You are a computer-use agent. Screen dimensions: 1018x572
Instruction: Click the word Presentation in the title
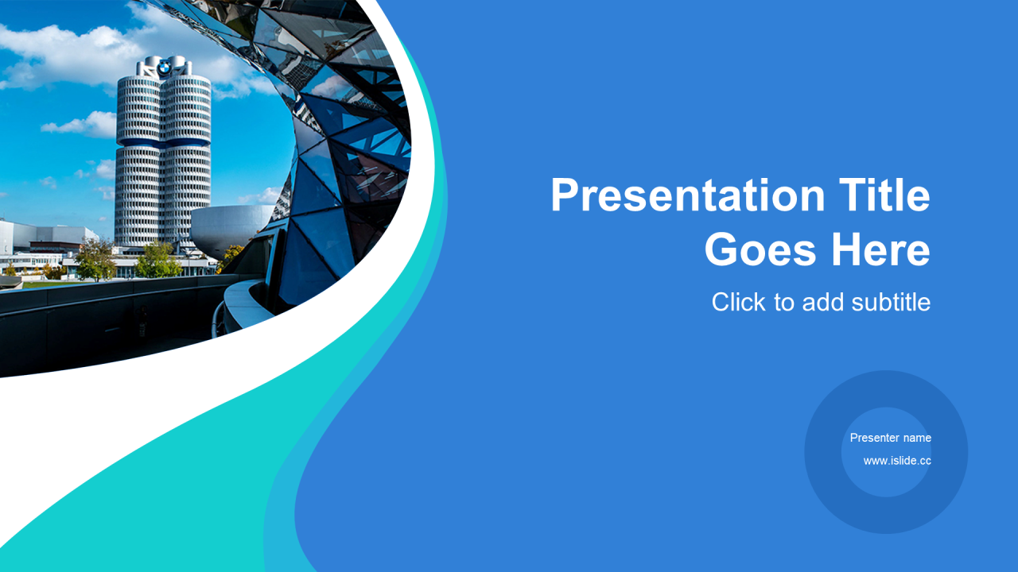click(x=688, y=195)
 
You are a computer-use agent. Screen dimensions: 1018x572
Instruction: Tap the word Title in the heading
click(x=884, y=195)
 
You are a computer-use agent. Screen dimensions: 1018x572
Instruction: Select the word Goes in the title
click(x=761, y=249)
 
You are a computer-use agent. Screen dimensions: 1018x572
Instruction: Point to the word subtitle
click(x=891, y=302)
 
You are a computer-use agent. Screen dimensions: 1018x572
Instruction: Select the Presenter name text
click(x=891, y=438)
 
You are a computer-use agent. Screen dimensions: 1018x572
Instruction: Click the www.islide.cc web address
click(x=897, y=461)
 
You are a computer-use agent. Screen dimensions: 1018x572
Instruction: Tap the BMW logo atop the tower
click(x=164, y=68)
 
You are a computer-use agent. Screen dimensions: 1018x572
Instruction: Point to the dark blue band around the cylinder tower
click(x=163, y=142)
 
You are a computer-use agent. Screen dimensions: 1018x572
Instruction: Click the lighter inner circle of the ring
click(x=886, y=452)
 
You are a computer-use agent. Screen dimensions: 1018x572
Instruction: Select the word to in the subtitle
click(x=784, y=303)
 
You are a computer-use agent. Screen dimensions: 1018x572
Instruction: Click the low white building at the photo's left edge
click(x=45, y=236)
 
